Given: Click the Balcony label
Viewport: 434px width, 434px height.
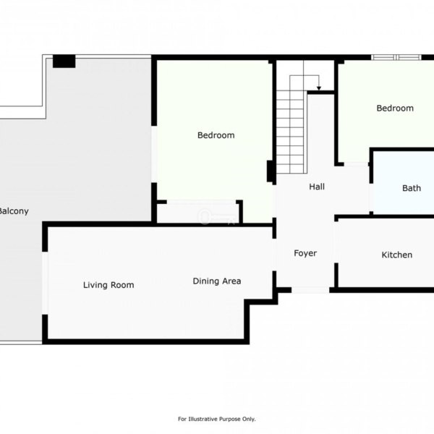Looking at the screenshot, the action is (14, 211).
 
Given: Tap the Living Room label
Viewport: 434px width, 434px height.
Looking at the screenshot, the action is (109, 285).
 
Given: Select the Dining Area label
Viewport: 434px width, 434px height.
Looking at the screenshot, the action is (217, 281).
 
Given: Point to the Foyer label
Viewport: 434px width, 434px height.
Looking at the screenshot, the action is (305, 253).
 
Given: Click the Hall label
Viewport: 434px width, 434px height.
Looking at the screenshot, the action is (317, 187).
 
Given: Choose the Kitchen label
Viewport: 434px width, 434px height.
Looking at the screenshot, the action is (397, 255).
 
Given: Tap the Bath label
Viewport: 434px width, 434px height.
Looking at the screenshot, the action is (412, 188).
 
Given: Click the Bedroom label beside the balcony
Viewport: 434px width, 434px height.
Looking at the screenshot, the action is (216, 135).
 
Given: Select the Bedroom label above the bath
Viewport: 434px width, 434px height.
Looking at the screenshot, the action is (395, 109).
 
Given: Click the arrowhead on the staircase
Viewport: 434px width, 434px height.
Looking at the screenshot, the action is (319, 88).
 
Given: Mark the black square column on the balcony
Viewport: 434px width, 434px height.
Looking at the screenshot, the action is (64, 61).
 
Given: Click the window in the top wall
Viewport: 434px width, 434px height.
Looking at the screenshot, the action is (396, 57).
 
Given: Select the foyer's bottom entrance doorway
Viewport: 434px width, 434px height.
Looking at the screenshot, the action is (310, 290).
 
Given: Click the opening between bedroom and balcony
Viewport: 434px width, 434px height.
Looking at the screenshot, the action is (154, 154).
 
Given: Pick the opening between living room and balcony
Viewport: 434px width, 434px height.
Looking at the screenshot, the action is (45, 283).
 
